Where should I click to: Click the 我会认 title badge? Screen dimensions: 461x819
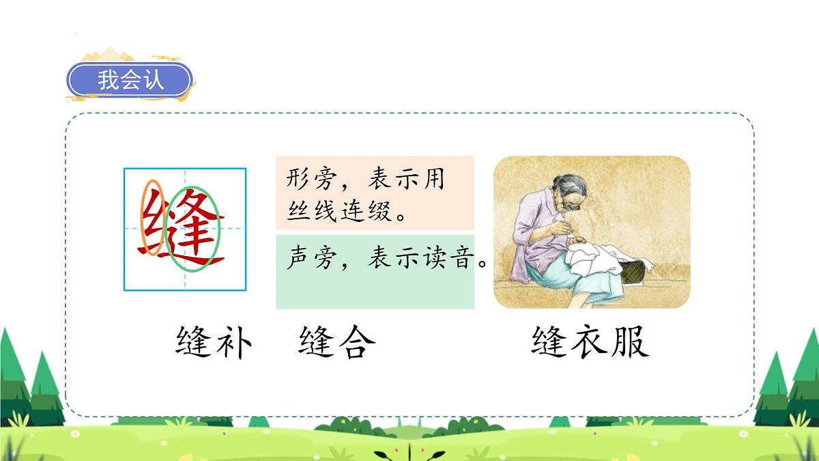click(130, 80)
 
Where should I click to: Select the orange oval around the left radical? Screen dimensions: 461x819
click(152, 217)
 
